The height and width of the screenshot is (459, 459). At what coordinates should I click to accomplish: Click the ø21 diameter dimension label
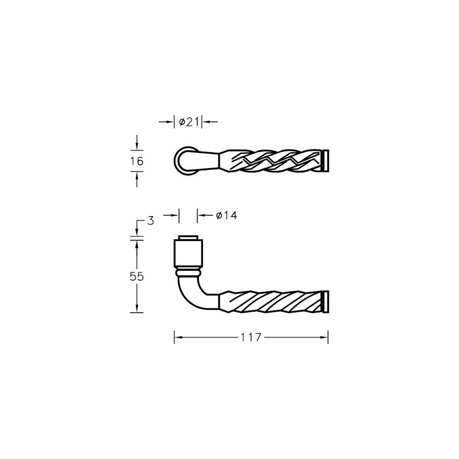189,122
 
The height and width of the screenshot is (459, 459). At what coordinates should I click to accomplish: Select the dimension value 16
137,161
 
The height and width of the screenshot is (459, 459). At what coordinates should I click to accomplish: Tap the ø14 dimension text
227,216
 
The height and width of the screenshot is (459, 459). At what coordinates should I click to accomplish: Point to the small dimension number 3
150,221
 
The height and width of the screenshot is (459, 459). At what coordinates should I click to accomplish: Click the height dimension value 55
137,277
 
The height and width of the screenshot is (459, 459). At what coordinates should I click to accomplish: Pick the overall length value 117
251,337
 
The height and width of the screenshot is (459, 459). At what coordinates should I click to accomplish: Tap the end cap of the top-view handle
325,161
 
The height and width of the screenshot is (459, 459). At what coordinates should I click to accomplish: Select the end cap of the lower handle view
325,302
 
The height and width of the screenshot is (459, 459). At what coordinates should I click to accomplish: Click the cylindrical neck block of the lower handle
189,254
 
